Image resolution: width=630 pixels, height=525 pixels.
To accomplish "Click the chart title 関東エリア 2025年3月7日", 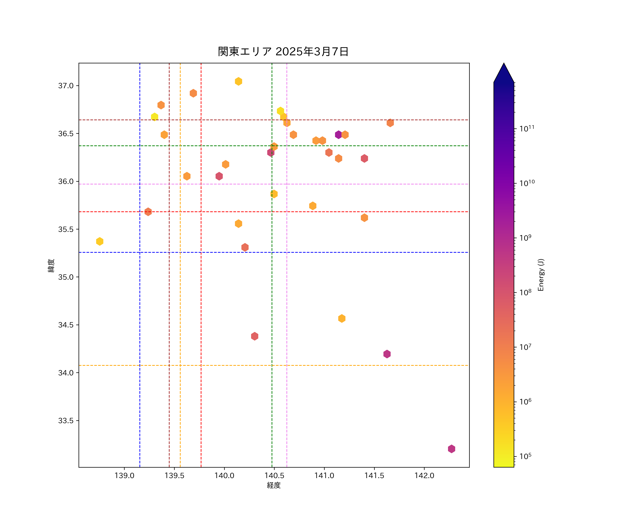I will (x=283, y=52).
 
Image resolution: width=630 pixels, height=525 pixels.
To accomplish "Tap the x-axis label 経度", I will (x=274, y=485).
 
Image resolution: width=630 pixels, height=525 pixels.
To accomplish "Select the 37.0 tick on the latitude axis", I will (x=66, y=86).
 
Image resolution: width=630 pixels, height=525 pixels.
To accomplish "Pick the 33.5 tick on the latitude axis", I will (x=66, y=421).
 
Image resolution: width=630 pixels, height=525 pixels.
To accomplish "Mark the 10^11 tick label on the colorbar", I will (x=527, y=129).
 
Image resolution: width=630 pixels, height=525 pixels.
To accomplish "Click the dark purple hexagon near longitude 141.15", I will (x=338, y=135).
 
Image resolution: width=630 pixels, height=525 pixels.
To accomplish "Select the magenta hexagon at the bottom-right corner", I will (x=451, y=449).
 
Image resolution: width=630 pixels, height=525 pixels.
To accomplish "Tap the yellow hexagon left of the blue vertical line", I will (x=100, y=241).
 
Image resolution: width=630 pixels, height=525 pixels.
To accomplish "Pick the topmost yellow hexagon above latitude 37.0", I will (x=239, y=81).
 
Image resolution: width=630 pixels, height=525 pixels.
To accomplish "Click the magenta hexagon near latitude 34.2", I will (x=387, y=354).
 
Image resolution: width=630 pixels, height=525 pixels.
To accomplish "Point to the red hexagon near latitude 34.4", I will (x=255, y=336).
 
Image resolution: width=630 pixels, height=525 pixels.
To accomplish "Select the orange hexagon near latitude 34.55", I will (x=342, y=318).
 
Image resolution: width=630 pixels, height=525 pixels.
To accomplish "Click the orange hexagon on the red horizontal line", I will (x=148, y=212).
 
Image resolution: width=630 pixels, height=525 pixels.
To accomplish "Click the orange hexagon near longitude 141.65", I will (x=390, y=123).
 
